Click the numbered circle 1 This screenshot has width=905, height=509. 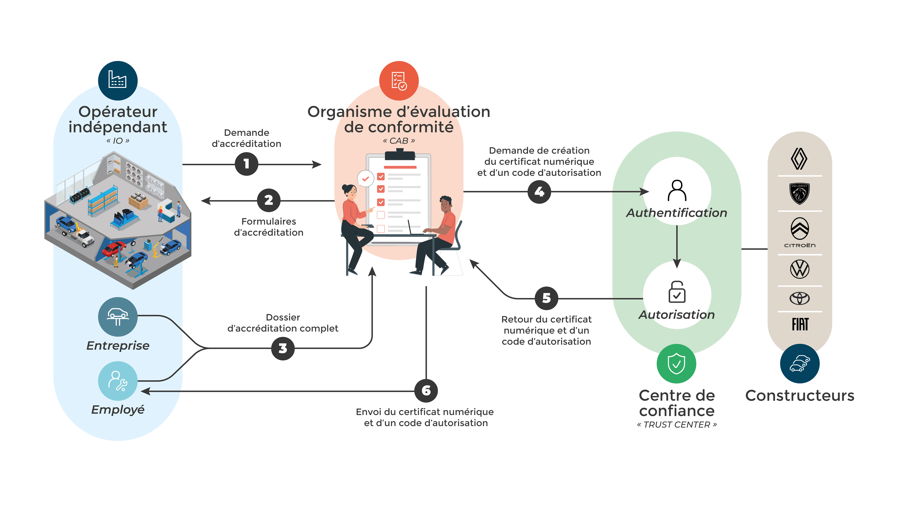(x=246, y=164)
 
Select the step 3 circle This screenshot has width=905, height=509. (x=283, y=348)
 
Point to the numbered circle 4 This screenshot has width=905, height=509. (x=539, y=192)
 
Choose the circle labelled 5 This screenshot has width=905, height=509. (x=546, y=298)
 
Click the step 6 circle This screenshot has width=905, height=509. (x=426, y=391)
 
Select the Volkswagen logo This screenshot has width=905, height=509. (x=800, y=269)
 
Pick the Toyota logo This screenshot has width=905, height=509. (x=800, y=298)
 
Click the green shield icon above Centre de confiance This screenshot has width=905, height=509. (x=676, y=364)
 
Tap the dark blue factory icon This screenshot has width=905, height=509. (x=118, y=80)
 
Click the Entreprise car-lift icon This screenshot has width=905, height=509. (x=118, y=317)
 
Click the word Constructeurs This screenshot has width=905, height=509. (x=800, y=396)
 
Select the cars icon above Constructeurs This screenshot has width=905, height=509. (x=800, y=364)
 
